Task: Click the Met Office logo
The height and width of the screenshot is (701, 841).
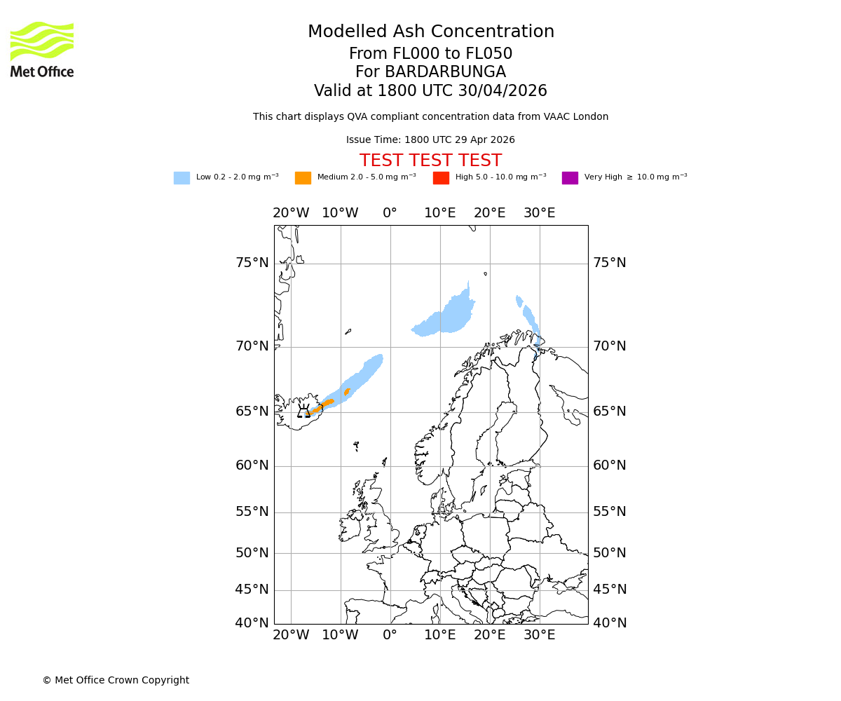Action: (x=42, y=49)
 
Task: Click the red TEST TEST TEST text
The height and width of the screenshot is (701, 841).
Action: (x=430, y=161)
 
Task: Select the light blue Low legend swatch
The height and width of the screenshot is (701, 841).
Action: (x=182, y=177)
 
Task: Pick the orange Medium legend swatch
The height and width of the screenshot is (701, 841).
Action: (x=303, y=177)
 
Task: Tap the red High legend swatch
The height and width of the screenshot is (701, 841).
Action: (x=441, y=177)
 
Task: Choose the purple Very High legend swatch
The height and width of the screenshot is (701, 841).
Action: (x=570, y=177)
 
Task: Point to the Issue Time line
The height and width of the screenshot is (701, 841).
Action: (x=430, y=139)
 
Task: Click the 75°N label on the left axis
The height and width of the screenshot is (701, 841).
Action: (x=252, y=263)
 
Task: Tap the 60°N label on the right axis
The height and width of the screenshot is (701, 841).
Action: (x=610, y=465)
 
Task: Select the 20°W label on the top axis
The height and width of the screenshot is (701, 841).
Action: (x=291, y=213)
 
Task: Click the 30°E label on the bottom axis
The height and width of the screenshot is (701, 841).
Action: (x=539, y=635)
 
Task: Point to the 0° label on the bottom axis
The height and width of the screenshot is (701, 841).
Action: (x=390, y=635)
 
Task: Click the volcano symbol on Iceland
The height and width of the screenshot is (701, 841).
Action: (x=303, y=411)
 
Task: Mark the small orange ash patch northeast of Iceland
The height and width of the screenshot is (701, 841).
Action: (x=347, y=392)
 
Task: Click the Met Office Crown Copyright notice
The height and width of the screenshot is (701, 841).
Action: (x=116, y=680)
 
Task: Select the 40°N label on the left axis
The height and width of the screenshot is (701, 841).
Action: (x=252, y=623)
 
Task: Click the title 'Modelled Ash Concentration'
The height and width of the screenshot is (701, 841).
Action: (x=430, y=32)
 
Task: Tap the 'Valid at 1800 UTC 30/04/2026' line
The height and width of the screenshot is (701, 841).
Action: (x=430, y=91)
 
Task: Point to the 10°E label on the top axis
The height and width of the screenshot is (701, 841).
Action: (x=440, y=213)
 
